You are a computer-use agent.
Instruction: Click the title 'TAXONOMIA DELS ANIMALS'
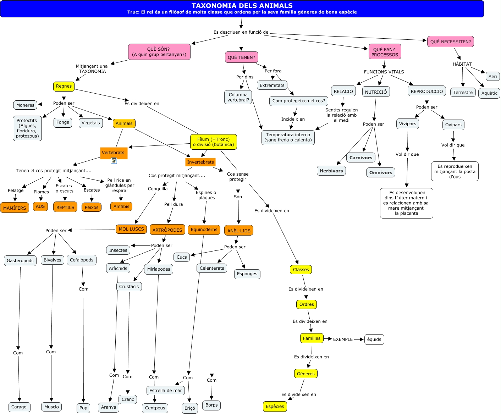click(x=242, y=6)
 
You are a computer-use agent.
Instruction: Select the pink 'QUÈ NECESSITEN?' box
click(x=450, y=42)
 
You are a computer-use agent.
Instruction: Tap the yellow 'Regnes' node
click(x=64, y=86)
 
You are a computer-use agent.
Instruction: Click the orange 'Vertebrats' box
click(x=113, y=153)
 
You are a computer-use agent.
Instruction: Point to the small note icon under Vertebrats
click(x=114, y=161)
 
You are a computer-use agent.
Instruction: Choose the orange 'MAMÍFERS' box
click(x=15, y=208)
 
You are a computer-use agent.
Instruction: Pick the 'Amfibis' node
click(x=121, y=206)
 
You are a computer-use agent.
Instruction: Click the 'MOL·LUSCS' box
click(x=131, y=229)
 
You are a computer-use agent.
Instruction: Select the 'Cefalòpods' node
click(x=82, y=260)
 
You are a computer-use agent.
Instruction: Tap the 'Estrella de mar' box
click(x=166, y=391)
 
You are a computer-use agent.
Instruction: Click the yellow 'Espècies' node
click(x=275, y=407)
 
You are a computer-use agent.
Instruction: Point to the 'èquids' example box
click(x=374, y=340)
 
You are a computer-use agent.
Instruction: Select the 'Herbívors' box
click(x=331, y=171)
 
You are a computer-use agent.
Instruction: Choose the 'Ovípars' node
click(x=453, y=125)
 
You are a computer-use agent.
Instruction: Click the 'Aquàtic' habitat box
click(x=489, y=93)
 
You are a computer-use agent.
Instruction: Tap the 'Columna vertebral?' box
click(x=238, y=97)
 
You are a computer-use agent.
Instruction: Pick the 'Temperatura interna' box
click(x=288, y=137)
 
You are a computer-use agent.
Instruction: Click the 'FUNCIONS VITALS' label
click(x=384, y=72)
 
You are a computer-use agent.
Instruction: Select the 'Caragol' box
click(x=20, y=407)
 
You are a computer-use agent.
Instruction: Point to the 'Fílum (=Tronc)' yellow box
click(x=214, y=142)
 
